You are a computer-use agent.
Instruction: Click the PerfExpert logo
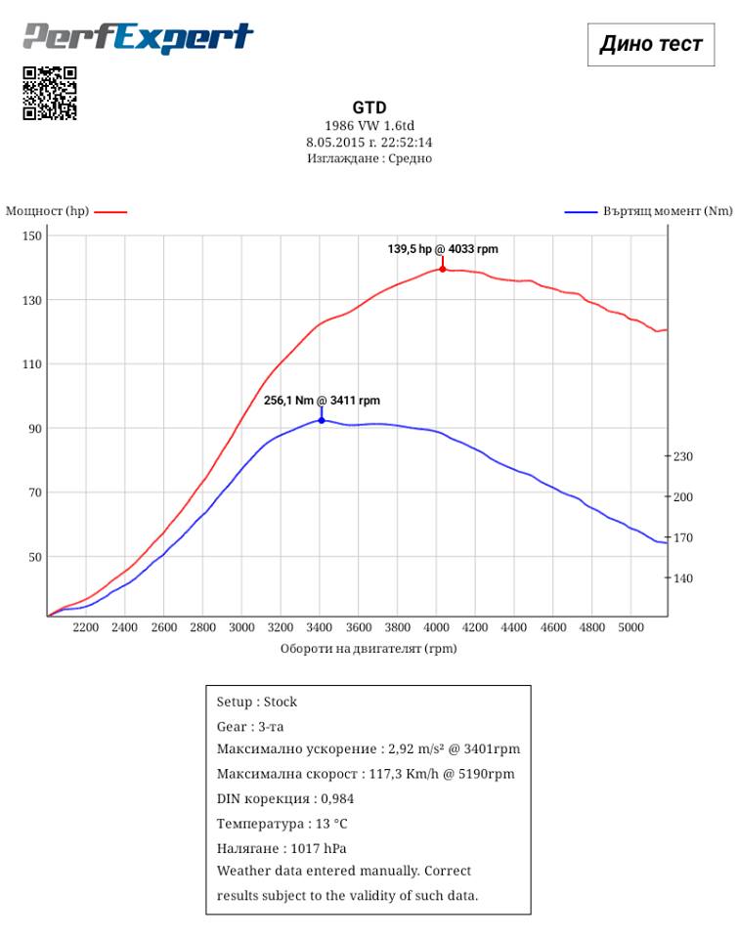(x=138, y=38)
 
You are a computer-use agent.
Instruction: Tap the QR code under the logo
(x=50, y=93)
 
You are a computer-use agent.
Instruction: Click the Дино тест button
(x=650, y=44)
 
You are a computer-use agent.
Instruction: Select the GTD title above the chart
(x=369, y=108)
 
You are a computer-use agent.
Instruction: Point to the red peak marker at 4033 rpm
(x=443, y=268)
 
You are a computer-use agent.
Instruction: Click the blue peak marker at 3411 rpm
(x=322, y=420)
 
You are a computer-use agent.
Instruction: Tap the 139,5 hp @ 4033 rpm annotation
(x=442, y=249)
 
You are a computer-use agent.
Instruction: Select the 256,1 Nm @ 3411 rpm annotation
(x=322, y=401)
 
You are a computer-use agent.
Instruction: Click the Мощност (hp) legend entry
(x=65, y=211)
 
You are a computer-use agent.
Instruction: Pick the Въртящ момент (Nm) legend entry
(x=649, y=211)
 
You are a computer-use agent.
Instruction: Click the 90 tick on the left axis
(x=34, y=429)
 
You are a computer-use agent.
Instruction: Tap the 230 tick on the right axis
(x=681, y=456)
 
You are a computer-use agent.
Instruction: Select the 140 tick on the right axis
(x=681, y=578)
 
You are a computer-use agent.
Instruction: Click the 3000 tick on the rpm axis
(x=241, y=627)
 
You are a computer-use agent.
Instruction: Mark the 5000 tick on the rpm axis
(x=630, y=627)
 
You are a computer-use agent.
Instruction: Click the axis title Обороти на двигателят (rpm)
(x=369, y=648)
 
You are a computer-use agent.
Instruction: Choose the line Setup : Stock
(x=257, y=702)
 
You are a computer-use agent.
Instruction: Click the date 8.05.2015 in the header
(x=336, y=142)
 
